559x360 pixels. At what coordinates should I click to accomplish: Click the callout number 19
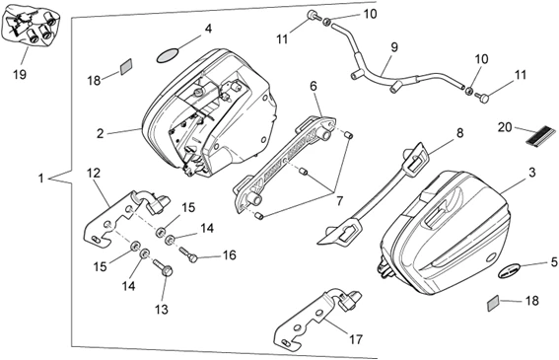20,75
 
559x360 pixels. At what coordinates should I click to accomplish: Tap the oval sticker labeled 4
168,55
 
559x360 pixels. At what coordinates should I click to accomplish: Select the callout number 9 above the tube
394,47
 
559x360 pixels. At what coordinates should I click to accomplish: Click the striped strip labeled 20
541,135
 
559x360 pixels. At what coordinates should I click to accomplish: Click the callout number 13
162,309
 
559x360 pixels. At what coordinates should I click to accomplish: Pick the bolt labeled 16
188,254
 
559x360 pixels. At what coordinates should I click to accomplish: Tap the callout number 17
356,339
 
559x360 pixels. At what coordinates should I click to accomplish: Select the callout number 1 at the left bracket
40,179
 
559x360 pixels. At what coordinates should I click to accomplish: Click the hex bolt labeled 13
163,267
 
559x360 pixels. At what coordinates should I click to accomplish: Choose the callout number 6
314,86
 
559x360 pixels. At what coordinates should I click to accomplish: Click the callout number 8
459,133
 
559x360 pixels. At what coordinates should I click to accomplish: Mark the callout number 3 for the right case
532,173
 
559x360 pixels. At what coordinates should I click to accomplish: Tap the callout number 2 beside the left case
101,133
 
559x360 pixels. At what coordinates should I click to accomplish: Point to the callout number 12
94,173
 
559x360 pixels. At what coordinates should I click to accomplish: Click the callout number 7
339,201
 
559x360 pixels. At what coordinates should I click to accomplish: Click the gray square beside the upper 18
126,67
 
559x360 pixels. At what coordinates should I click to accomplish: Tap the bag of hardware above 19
32,28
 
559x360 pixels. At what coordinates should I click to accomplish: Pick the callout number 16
230,255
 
